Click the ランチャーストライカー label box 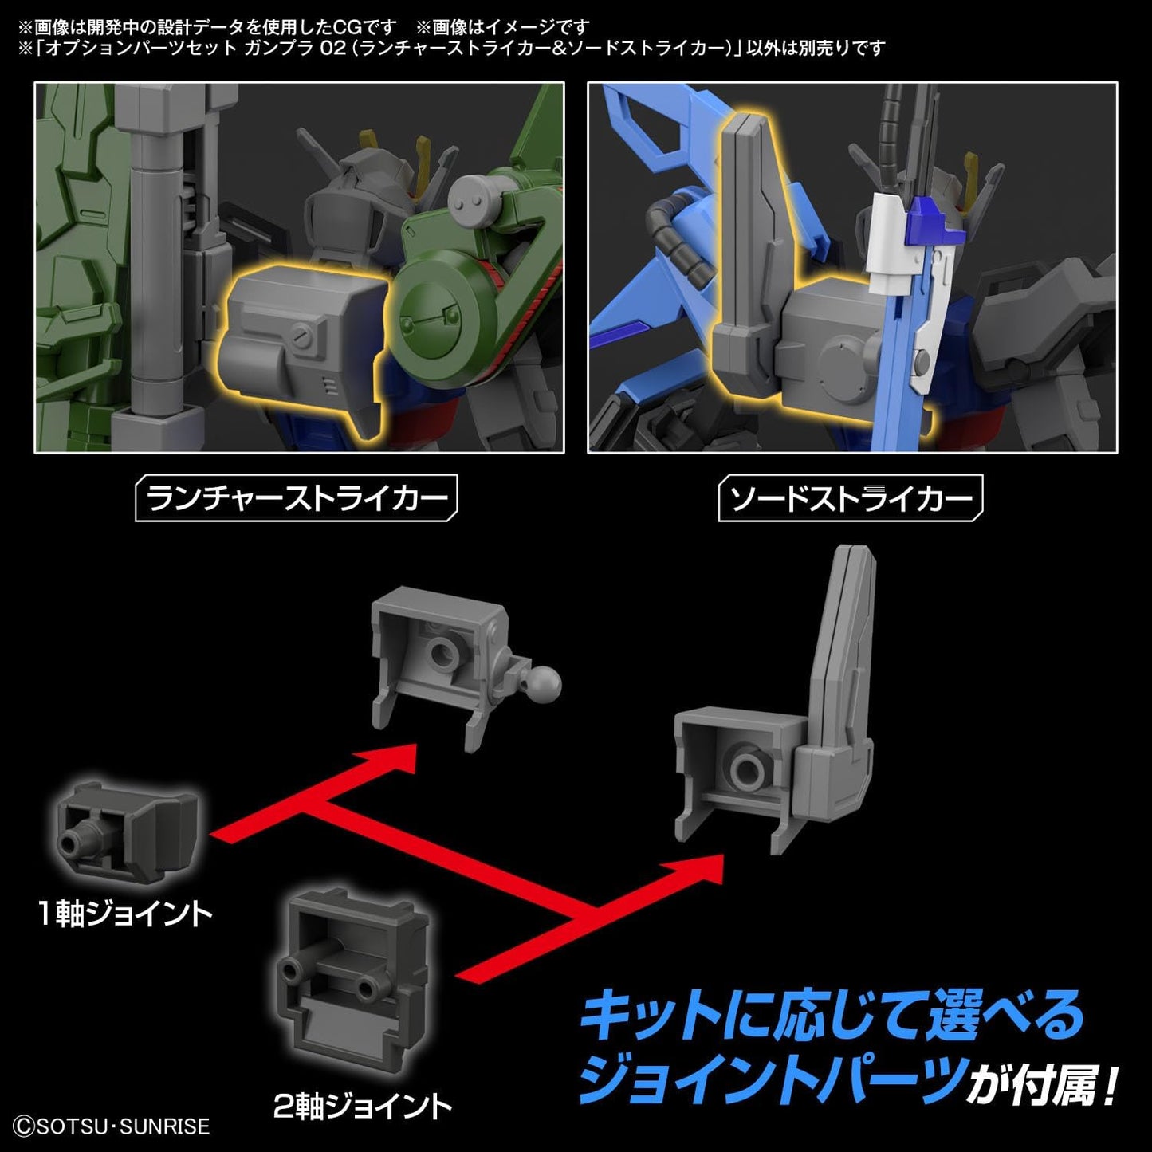pyautogui.click(x=296, y=498)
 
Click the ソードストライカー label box pyautogui.click(x=850, y=498)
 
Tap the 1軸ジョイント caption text pyautogui.click(x=125, y=914)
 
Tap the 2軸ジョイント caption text pyautogui.click(x=363, y=1106)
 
